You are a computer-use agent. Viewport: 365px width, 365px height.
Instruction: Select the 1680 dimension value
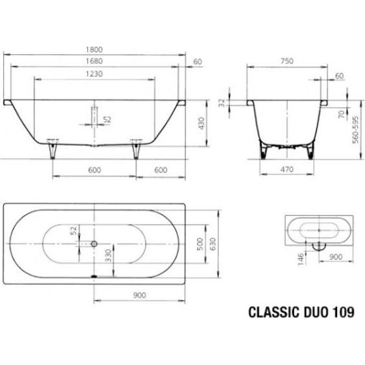pos(95,61)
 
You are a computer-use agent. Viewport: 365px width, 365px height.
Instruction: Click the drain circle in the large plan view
pos(95,244)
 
